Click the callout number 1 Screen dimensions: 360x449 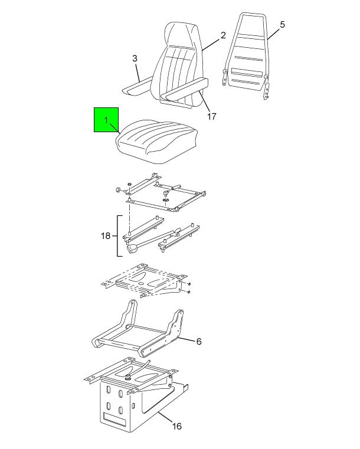pos(106,120)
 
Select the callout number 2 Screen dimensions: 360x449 pos(223,35)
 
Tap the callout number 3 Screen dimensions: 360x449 pos(135,58)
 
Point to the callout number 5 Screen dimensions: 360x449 pos(282,25)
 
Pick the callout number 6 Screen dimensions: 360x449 pos(199,342)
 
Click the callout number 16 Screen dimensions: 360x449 pos(177,426)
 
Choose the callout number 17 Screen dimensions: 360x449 pos(212,117)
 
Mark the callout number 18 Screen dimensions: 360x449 pos(106,235)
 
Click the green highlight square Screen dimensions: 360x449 pos(106,120)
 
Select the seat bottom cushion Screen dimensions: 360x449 pos(156,141)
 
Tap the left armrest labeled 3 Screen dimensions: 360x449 pos(136,87)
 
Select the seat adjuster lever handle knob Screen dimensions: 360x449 pos(132,249)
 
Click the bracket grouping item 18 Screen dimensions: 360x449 pos(117,235)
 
